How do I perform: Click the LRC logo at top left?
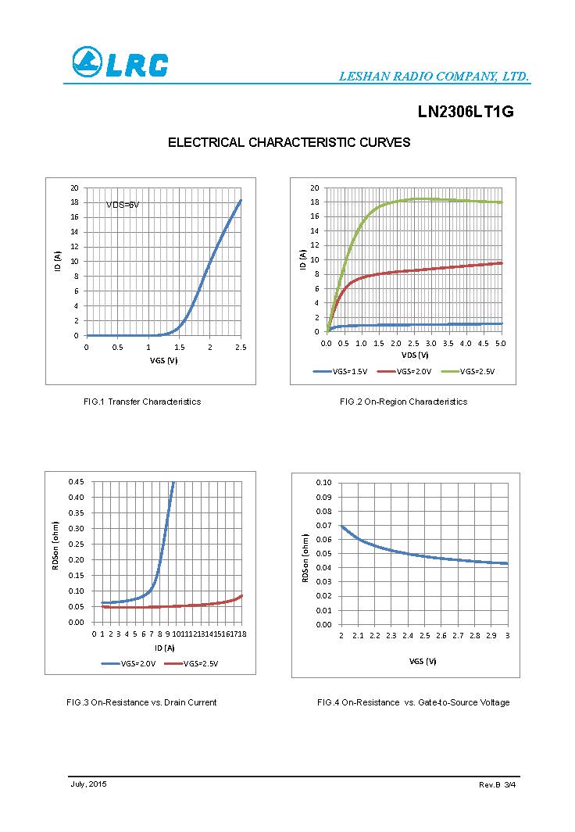click(x=120, y=62)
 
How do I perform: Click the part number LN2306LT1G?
click(x=466, y=112)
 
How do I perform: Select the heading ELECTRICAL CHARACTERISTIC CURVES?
click(x=289, y=142)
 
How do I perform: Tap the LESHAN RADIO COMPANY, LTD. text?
click(x=434, y=77)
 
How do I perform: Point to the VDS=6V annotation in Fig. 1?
click(x=123, y=205)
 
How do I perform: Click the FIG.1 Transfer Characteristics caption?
click(x=142, y=402)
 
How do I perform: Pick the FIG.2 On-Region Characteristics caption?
click(x=403, y=402)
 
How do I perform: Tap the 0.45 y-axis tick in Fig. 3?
click(x=76, y=481)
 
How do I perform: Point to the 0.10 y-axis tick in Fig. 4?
click(x=323, y=483)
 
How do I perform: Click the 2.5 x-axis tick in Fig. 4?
click(x=424, y=636)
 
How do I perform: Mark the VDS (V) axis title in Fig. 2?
click(x=414, y=355)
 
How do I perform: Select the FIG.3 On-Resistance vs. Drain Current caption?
click(x=141, y=702)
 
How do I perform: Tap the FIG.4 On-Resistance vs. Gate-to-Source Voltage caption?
click(x=413, y=702)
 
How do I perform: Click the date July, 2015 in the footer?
click(x=88, y=784)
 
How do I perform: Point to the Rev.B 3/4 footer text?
click(x=497, y=784)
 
